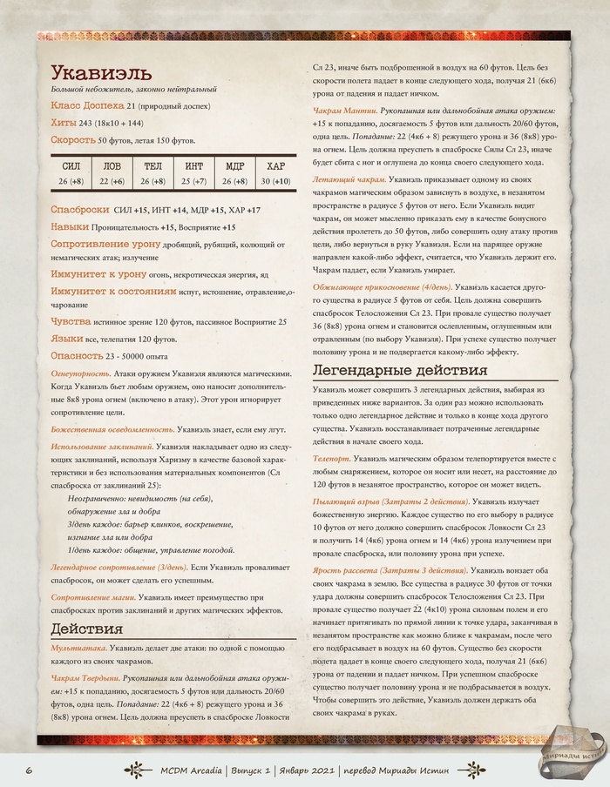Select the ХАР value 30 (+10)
pos(275,181)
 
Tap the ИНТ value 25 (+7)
pos(193,181)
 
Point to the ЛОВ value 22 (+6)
pos(112,181)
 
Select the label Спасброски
pos(80,209)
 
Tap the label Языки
pos(69,338)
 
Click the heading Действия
pos(87,629)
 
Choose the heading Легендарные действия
pos(399,370)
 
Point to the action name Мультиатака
pos(79,649)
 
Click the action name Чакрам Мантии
pos(345,112)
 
